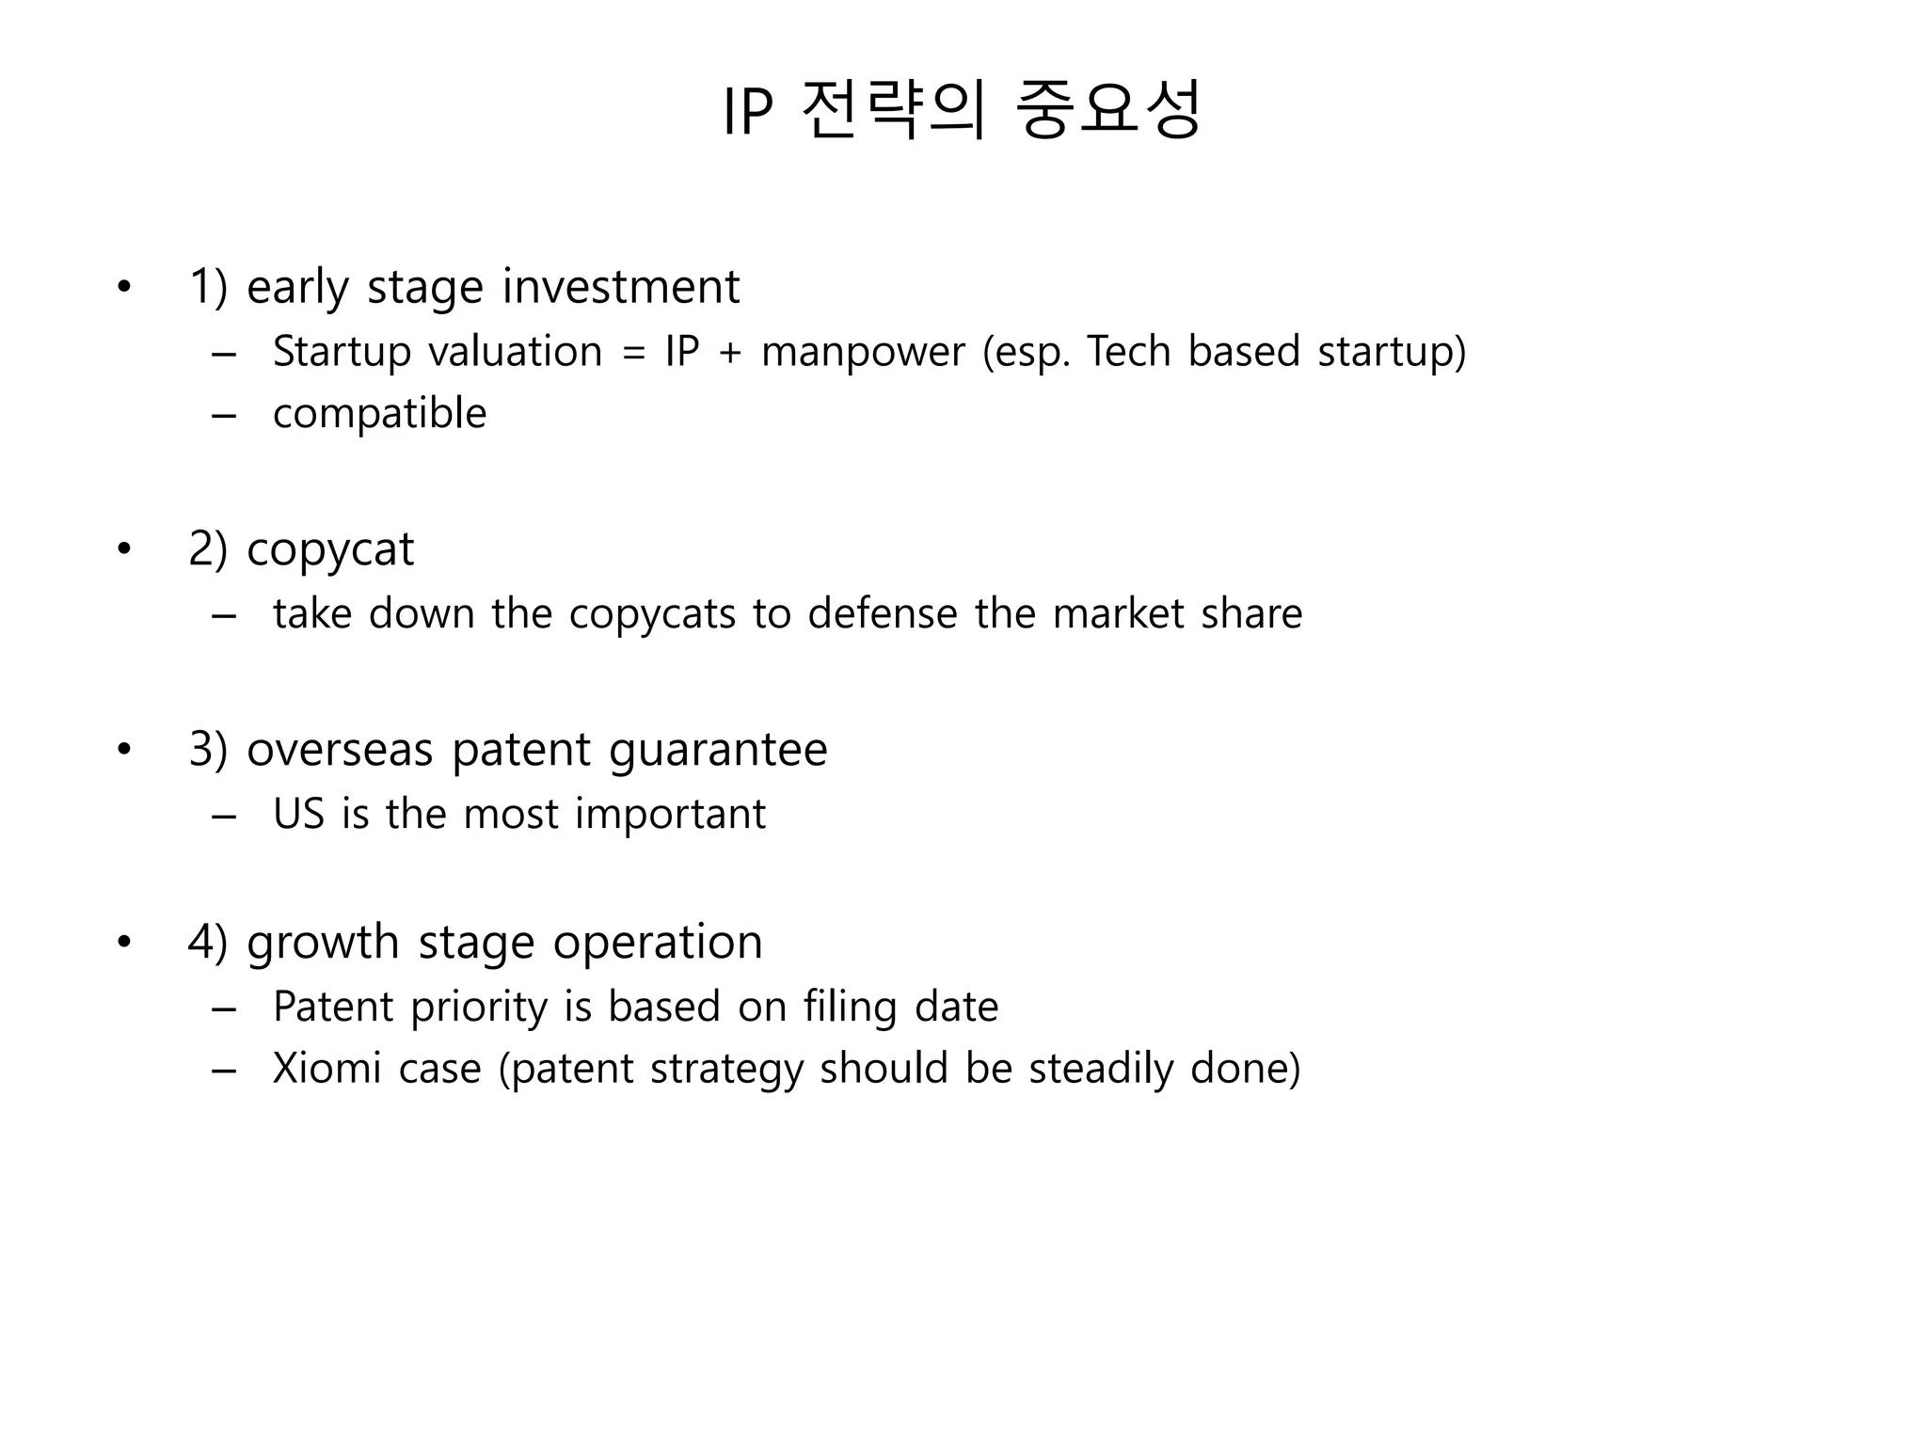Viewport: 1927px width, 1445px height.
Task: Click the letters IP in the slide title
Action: pos(747,113)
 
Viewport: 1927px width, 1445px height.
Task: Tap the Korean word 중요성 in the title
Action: pos(1108,111)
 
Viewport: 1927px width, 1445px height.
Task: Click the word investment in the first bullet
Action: pos(621,287)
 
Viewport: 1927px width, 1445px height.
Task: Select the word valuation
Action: pos(516,352)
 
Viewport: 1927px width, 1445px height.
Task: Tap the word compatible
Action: pos(380,414)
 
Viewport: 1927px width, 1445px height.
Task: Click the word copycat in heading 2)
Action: pos(330,549)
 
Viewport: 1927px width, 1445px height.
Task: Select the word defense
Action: pos(883,613)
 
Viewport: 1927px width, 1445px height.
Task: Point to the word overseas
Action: pos(339,750)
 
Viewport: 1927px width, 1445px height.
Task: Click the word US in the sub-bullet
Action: pos(298,814)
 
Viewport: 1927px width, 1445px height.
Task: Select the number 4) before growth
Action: pos(208,942)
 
